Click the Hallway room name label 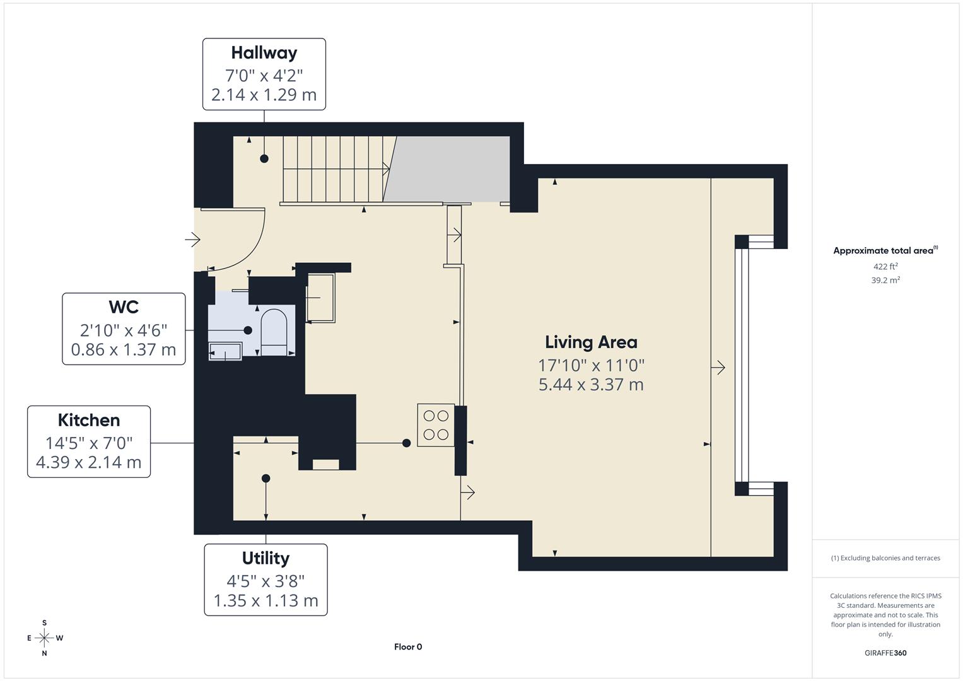[264, 53]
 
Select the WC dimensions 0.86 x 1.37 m [124, 349]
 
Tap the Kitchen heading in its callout [89, 421]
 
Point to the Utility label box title [266, 559]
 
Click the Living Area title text [591, 342]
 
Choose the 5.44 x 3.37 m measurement [591, 385]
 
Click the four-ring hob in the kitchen [436, 425]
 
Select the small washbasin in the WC [225, 351]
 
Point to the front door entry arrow [192, 240]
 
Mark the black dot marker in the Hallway [264, 158]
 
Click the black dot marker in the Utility [266, 479]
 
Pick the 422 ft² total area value [885, 267]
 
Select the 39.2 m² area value [885, 281]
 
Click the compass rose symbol [44, 638]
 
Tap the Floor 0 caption [408, 647]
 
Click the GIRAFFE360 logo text [885, 653]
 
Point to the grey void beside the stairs [451, 169]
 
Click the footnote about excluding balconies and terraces [885, 558]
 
